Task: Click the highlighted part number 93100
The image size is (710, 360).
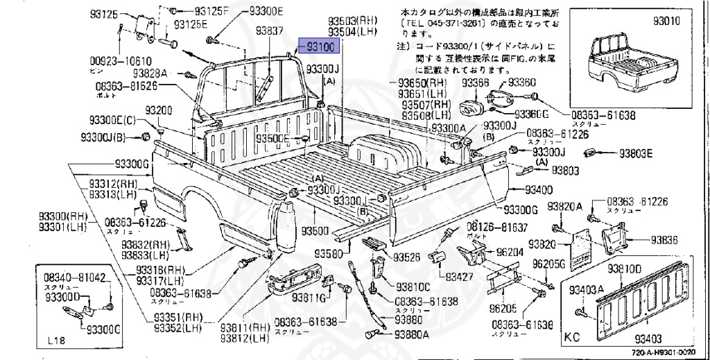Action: click(318, 46)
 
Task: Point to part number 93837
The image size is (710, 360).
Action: click(270, 31)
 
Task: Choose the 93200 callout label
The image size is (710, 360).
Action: click(158, 111)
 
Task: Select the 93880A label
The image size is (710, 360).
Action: click(413, 334)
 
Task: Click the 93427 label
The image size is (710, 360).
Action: click(460, 277)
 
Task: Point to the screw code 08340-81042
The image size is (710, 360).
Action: click(72, 278)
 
